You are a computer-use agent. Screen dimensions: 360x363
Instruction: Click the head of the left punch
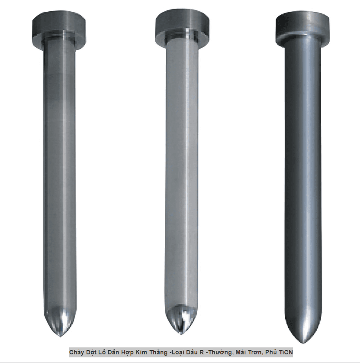coord(59,29)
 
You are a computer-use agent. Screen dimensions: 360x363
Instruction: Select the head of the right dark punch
coord(303,27)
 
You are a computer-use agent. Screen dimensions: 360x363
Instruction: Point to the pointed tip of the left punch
coord(60,336)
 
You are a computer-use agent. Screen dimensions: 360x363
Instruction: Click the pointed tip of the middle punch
coord(182,334)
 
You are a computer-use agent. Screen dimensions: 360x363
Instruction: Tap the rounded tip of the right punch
coord(304,342)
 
